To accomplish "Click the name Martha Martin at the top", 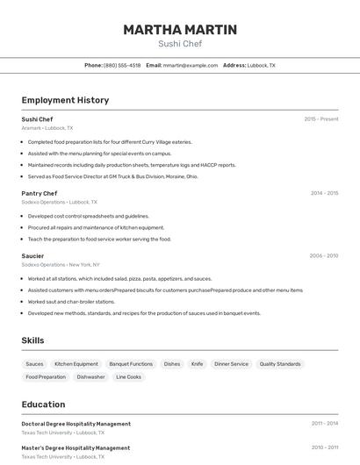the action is click(x=180, y=30).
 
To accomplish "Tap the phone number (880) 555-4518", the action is click(x=122, y=65).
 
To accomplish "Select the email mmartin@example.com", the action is click(x=191, y=65).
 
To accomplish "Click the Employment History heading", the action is click(x=65, y=100).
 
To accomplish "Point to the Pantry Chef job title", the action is click(x=40, y=193).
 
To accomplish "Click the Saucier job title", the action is click(x=32, y=255).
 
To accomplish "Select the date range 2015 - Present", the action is click(x=321, y=118).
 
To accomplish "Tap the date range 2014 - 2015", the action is click(x=324, y=193).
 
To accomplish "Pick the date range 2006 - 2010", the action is click(x=324, y=255).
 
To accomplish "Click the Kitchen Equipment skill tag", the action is click(x=76, y=363).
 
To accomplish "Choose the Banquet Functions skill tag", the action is click(x=131, y=363).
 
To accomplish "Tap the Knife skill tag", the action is click(x=197, y=363).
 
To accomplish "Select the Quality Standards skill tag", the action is click(x=280, y=363).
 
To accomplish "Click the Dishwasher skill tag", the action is click(x=90, y=376).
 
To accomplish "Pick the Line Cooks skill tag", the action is click(x=128, y=376).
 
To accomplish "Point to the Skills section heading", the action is click(x=33, y=340).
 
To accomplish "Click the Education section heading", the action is click(x=43, y=404).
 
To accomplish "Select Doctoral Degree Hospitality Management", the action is click(x=76, y=424).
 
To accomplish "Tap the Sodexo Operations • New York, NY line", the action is click(x=61, y=264).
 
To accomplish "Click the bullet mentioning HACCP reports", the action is click(x=132, y=164).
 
